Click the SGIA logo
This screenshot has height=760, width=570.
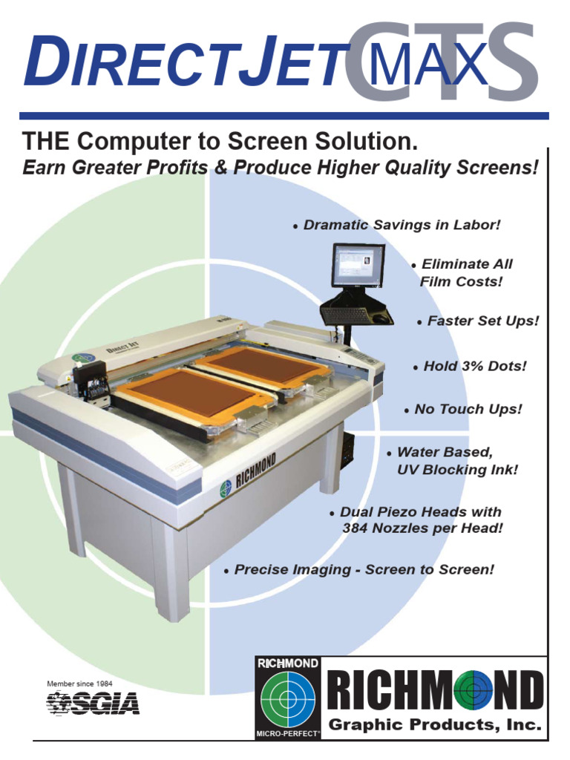pos(93,702)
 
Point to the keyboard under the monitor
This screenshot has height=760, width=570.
pos(349,315)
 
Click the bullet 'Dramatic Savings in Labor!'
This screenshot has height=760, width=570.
pos(402,225)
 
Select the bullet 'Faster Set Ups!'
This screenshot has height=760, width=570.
pos(482,321)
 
